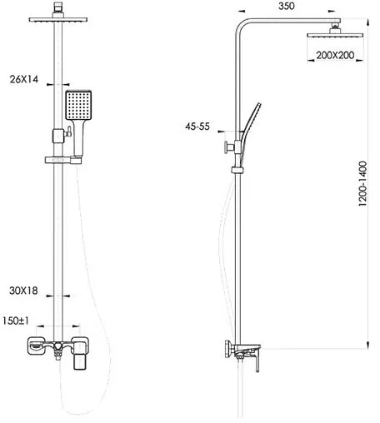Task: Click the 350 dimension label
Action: tap(286, 6)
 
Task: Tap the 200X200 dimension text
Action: tap(335, 55)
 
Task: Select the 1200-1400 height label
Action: tap(362, 183)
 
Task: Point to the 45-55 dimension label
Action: tap(197, 127)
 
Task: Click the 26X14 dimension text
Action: tap(24, 79)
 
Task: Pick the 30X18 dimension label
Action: tap(23, 291)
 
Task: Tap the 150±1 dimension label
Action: tap(16, 321)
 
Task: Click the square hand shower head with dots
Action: tap(78, 105)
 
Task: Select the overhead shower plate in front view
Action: tap(58, 19)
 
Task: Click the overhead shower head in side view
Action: tap(335, 35)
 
